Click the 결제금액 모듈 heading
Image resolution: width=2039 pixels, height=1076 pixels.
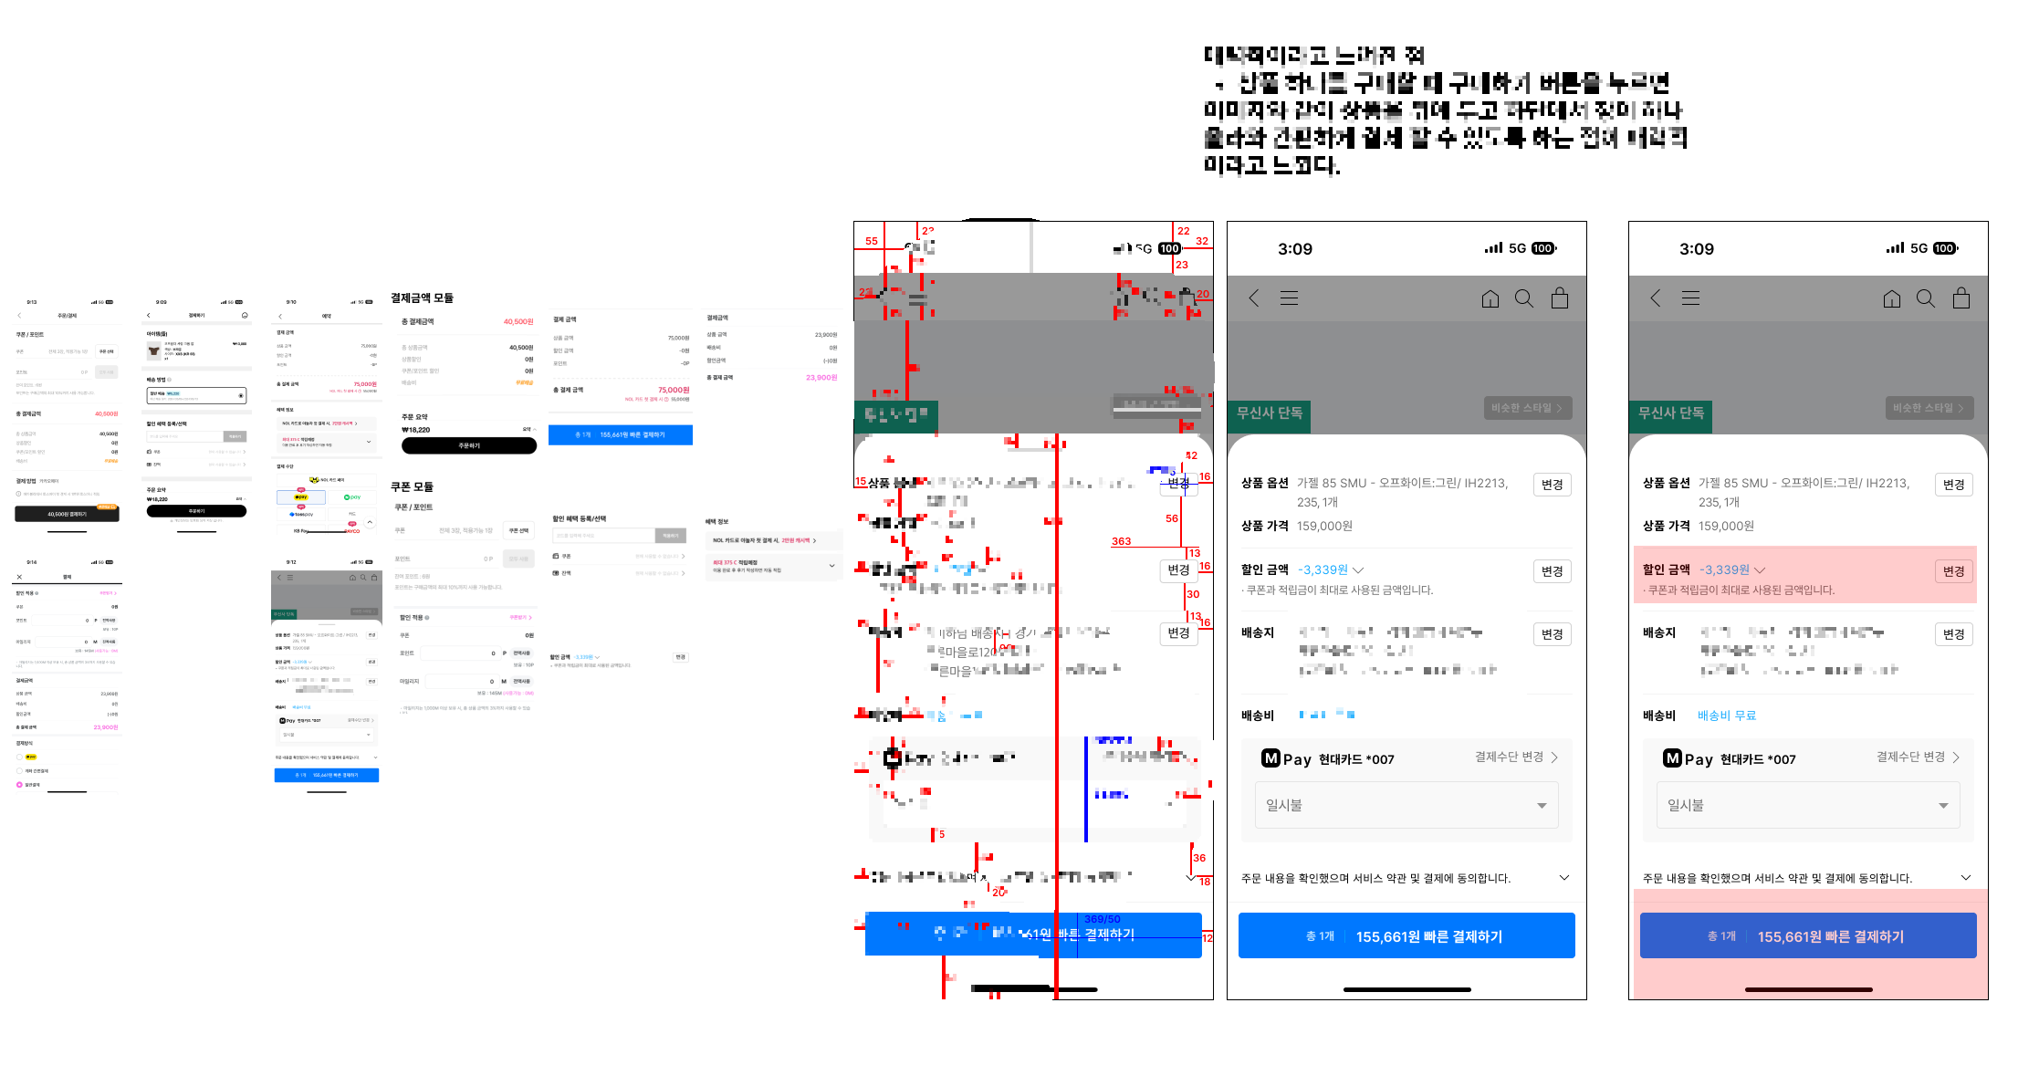pyautogui.click(x=422, y=298)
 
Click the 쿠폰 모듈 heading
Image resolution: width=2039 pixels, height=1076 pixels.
pyautogui.click(x=412, y=487)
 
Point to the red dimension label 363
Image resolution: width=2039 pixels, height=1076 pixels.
pyautogui.click(x=1121, y=541)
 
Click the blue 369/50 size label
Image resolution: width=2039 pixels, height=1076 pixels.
pyautogui.click(x=1102, y=919)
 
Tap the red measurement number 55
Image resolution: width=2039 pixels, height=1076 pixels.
pyautogui.click(x=872, y=242)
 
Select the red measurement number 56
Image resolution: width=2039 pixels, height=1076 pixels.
pyautogui.click(x=1172, y=518)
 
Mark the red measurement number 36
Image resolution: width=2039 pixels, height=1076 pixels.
pyautogui.click(x=1199, y=858)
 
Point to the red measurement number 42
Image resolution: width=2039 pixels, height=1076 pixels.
pyautogui.click(x=1191, y=455)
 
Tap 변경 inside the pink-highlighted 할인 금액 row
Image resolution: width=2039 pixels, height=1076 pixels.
pyautogui.click(x=1953, y=571)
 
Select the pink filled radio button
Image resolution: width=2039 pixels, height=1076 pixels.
pyautogui.click(x=19, y=784)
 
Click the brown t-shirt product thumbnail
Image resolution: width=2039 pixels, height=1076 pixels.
pyautogui.click(x=154, y=350)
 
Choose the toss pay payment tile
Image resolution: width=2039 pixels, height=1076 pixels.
pyautogui.click(x=301, y=515)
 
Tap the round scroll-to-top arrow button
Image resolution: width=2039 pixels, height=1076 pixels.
pyautogui.click(x=370, y=522)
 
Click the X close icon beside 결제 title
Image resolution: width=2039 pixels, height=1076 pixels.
pyautogui.click(x=19, y=577)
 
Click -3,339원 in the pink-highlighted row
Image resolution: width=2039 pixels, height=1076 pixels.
pyautogui.click(x=1724, y=569)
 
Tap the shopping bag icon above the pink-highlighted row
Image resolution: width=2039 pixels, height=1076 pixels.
pyautogui.click(x=1961, y=298)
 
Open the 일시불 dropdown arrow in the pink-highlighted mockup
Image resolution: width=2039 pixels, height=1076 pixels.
pyautogui.click(x=1943, y=806)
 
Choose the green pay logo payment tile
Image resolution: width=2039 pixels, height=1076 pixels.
pyautogui.click(x=352, y=497)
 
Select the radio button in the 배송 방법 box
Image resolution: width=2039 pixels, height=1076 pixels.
pyautogui.click(x=241, y=395)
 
